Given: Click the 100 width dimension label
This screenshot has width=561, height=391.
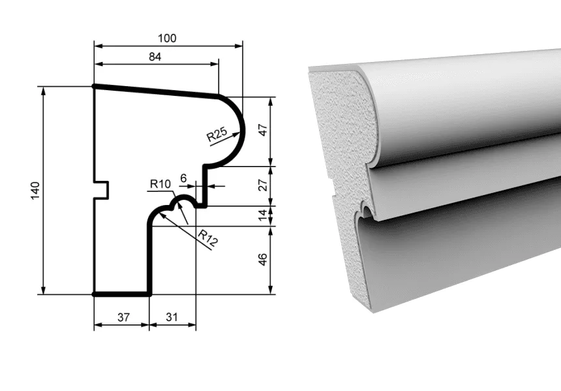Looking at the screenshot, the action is coord(168,38).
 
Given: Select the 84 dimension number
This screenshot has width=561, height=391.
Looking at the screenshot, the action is coord(155,57).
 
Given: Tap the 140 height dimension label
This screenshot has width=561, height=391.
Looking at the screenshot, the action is coord(35,191).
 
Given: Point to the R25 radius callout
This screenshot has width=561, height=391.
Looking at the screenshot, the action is coord(217,134).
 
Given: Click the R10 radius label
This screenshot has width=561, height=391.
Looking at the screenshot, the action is coord(160,184).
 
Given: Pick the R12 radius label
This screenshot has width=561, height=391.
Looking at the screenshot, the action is coord(207,238).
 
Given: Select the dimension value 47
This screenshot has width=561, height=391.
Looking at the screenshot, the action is coord(263,130).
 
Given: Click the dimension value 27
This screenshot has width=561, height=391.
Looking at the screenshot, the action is coord(263,185).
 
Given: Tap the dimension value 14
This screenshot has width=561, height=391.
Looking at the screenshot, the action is coord(263,215).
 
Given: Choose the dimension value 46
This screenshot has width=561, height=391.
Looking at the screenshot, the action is coord(263,259).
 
